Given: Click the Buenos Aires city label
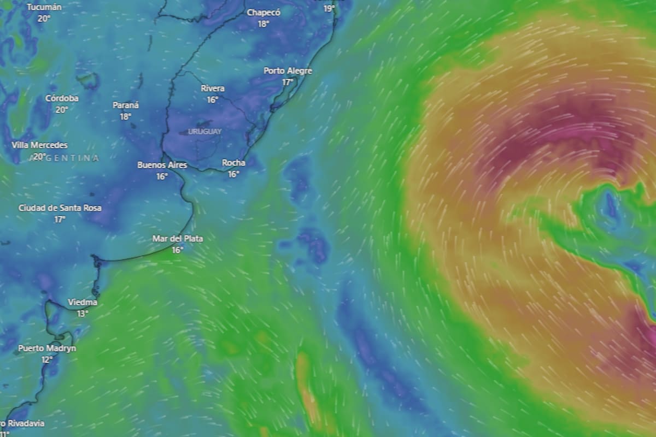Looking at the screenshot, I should [x=162, y=165].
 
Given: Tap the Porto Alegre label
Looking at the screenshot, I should [x=288, y=71].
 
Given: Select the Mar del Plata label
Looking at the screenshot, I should [x=177, y=239].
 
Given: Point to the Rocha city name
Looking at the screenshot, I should [x=233, y=163].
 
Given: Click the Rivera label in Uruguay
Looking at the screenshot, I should [x=212, y=88].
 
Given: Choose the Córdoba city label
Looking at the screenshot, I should [x=62, y=98].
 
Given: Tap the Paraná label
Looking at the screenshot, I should [x=126, y=105].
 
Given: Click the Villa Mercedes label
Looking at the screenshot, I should [x=40, y=145].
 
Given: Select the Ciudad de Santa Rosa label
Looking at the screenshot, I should [x=60, y=208].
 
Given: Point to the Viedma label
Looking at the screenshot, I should [x=83, y=303].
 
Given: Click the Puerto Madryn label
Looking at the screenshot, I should [x=47, y=349].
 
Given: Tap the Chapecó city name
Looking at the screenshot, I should [x=264, y=12].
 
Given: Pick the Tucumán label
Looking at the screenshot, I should [x=44, y=7].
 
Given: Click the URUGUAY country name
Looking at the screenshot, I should [x=205, y=132].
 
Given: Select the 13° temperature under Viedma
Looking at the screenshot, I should [x=83, y=314].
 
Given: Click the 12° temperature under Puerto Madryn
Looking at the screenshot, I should [x=47, y=359].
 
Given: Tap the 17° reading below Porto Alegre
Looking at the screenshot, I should [x=288, y=82].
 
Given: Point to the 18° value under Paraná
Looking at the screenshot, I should [x=126, y=116].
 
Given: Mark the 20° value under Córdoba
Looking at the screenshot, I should [x=62, y=109].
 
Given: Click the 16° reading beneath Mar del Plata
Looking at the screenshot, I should [x=177, y=250].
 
